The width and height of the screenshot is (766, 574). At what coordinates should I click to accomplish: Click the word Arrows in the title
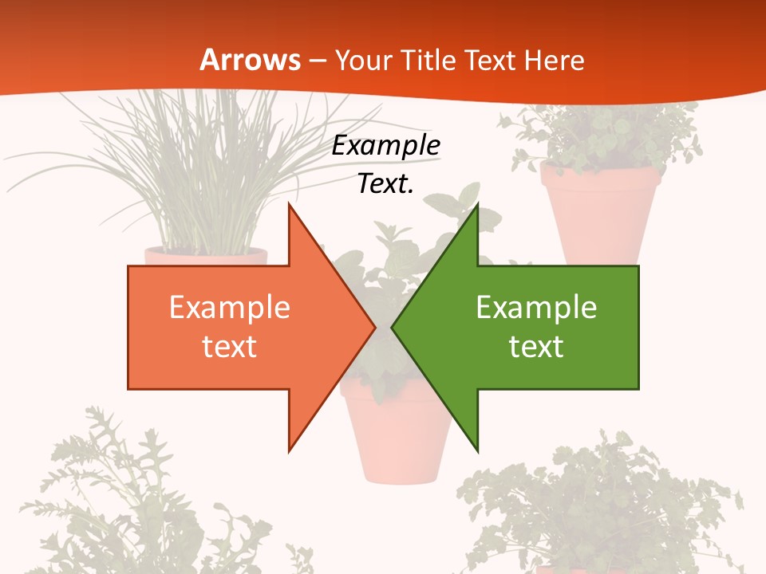coord(251,60)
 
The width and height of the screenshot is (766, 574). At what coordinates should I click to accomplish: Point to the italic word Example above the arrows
coord(386,146)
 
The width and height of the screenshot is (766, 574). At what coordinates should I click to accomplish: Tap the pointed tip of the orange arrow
coord(375,327)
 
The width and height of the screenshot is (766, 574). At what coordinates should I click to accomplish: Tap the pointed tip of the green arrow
coord(392,327)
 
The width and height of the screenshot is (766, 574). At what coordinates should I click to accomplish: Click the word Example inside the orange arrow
coord(230,308)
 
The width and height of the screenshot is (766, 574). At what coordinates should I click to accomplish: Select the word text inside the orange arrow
coord(230,346)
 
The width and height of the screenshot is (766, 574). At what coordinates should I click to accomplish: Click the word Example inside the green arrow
coord(536,308)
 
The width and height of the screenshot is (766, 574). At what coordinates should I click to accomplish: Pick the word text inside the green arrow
coord(536,346)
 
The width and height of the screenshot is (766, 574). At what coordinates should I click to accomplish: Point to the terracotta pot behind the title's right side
coord(600,211)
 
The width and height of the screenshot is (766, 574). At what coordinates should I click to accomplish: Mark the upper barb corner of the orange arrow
coord(289,204)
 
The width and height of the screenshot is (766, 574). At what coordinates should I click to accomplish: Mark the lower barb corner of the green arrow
coord(477,451)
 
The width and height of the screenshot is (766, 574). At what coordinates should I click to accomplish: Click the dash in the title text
coord(316,61)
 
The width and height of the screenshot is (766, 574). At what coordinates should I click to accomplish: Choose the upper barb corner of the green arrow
coord(477,204)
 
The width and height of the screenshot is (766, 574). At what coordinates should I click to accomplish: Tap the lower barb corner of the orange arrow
coord(289,451)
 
